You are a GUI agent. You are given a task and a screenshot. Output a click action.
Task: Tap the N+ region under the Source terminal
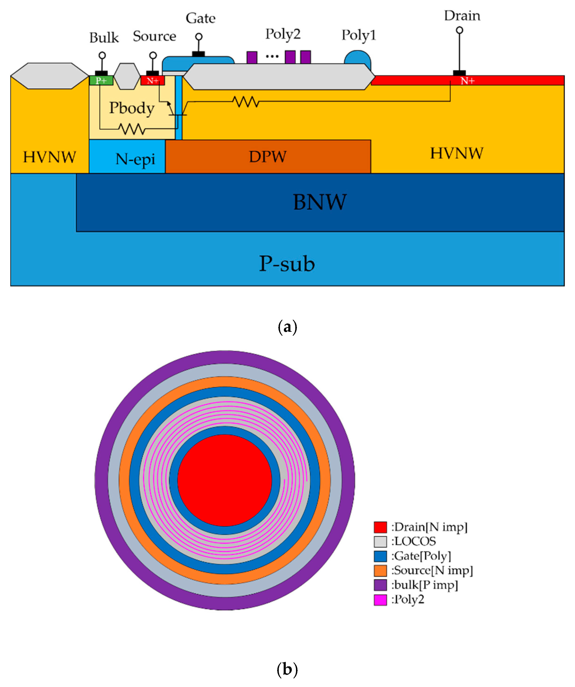point(152,81)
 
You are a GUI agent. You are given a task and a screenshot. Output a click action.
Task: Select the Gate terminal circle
point(199,37)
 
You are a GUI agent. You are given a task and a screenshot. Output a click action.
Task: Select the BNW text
point(319,202)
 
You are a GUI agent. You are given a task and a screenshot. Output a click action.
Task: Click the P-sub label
point(287,264)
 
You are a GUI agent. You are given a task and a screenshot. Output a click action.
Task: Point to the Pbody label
point(132,108)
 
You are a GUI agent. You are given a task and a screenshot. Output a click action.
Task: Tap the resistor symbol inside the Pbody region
point(132,129)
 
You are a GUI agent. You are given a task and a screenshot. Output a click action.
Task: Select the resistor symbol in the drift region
point(246,102)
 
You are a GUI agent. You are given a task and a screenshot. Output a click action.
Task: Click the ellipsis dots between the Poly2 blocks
point(272,57)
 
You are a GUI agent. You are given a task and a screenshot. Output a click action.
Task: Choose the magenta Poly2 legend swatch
point(380,600)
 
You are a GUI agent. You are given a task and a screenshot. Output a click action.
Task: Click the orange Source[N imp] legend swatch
point(380,571)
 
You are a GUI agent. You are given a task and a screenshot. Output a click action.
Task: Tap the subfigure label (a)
point(287,327)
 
